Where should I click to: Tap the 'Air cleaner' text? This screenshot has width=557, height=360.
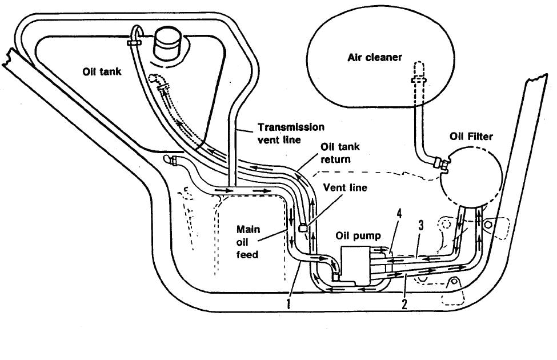375,58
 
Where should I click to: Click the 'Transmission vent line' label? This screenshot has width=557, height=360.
291,133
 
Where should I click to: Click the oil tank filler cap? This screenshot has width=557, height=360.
169,44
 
